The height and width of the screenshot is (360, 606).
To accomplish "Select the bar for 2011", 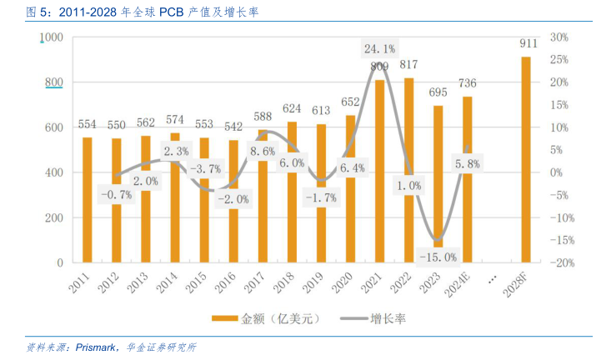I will (87, 200).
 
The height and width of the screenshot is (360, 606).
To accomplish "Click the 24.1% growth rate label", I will (379, 48).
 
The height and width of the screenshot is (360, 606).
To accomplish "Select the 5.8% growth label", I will (466, 164).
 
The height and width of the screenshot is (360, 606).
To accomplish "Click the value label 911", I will (527, 43).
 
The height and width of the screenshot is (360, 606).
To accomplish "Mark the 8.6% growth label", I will (262, 152).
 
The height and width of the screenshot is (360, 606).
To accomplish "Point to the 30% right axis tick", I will (558, 37).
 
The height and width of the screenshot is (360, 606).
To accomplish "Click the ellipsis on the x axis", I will (491, 277).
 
